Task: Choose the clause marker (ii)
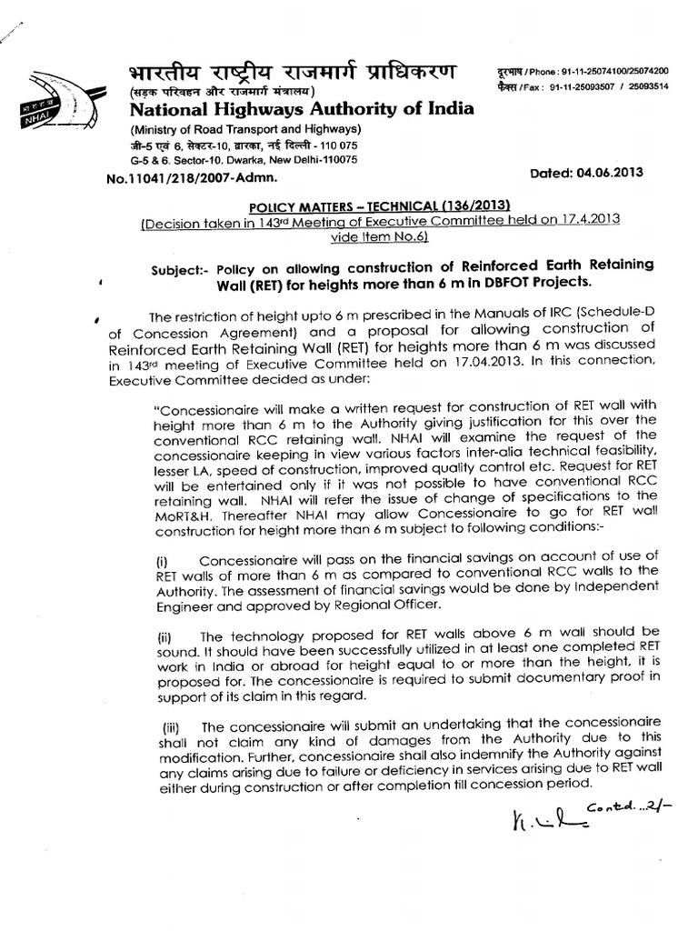coord(165,633)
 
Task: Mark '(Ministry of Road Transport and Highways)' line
coord(241,128)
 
